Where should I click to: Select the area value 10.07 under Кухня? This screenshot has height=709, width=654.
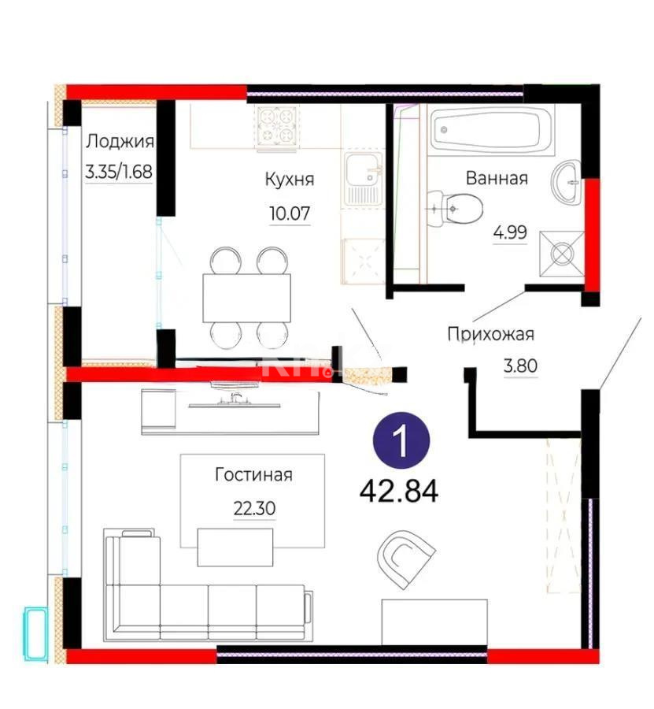click(289, 212)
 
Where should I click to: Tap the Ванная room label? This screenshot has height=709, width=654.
click(496, 178)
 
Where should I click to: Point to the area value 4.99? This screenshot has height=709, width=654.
click(509, 233)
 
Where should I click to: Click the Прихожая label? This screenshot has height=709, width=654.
click(490, 334)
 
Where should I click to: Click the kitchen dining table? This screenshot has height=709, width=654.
click(246, 296)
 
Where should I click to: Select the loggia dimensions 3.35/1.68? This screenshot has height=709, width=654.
click(120, 171)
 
